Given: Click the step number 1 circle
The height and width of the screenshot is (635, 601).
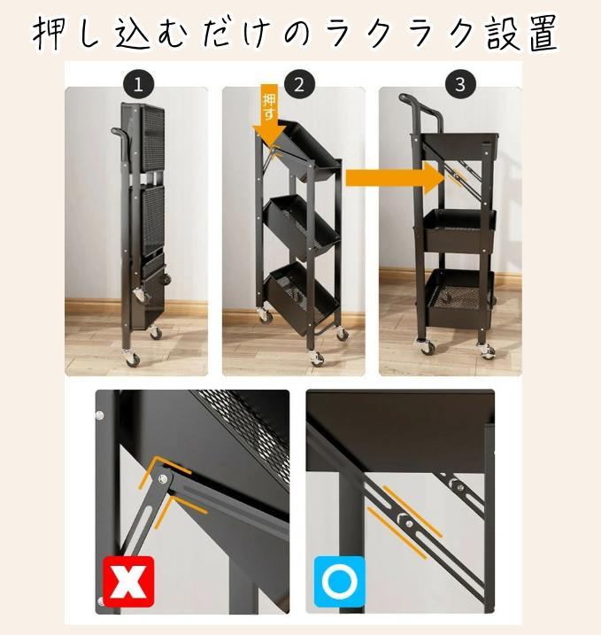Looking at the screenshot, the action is [x=138, y=85].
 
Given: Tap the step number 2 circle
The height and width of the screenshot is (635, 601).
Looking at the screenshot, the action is [x=299, y=85].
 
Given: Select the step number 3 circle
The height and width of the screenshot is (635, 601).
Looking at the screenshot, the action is [x=460, y=85].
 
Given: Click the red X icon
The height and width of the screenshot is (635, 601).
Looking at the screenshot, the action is [x=128, y=582].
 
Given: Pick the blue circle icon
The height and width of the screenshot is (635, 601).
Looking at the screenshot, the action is [x=340, y=582].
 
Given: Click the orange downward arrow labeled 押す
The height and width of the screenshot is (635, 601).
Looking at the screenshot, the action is [x=270, y=114].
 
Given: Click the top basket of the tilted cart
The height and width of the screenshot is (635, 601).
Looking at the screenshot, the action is [x=308, y=151].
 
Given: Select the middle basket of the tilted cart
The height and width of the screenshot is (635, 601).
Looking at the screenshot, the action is [x=302, y=227].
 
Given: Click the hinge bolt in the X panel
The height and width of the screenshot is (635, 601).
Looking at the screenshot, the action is [x=163, y=479].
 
